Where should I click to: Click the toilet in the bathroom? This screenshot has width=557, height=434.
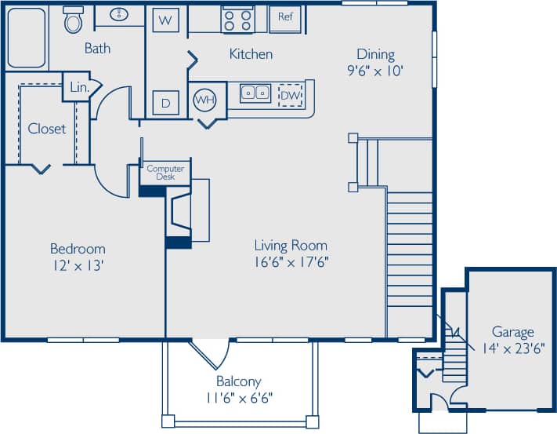point(73,20)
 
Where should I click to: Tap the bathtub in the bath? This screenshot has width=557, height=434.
point(27,37)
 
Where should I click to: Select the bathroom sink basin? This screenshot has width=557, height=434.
point(121,14)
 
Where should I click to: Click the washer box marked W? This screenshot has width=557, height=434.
point(165,20)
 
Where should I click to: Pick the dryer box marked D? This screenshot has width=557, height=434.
point(165,103)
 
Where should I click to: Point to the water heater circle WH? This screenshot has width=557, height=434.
point(204,100)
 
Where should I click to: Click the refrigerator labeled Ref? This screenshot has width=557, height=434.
point(284,16)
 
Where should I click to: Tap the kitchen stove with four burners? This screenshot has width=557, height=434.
point(237,18)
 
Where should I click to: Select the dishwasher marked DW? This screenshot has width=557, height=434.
point(291,95)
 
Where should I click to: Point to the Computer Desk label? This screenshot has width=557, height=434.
point(165,173)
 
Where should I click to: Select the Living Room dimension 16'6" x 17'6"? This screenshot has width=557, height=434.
point(291,261)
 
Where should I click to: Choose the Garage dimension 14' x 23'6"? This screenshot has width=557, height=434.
point(512,347)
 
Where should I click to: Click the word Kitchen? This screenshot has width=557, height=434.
point(251,54)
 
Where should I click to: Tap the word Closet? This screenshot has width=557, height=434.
point(47,128)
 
